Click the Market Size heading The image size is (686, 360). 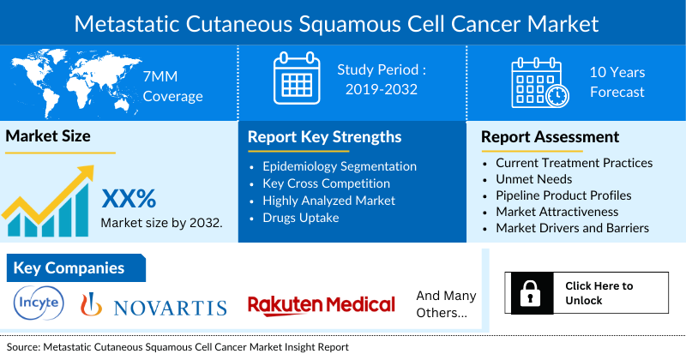coord(48,135)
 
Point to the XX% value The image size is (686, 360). coord(129,199)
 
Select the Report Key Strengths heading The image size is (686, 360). coord(324,136)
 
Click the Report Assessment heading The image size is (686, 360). coord(550,136)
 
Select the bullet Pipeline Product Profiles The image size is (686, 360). coord(563,195)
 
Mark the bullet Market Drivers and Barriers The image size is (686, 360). coord(572,228)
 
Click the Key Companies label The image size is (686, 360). coord(69,268)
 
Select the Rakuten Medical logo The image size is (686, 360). coord(322,304)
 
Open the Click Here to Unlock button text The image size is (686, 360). coord(599,293)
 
